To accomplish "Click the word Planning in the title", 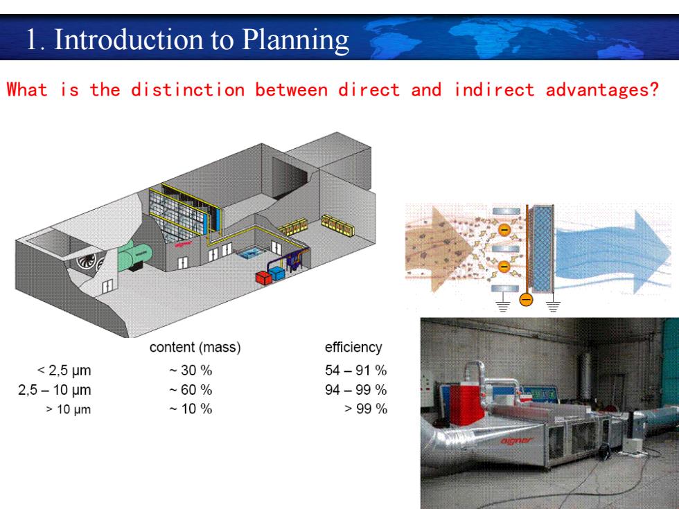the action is pos(295,41).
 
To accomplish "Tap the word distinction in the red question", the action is pos(188,90).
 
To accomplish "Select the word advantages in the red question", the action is pos(602,91).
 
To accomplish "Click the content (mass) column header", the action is pos(195,347).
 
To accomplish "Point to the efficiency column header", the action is pos(353,347).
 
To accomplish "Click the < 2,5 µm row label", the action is pos(64,371).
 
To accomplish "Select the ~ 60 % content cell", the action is pos(191,390).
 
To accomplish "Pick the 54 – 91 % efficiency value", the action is pos(355,370).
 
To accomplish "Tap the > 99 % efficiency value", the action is pos(366,409).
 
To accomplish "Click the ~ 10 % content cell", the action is pos(191,409).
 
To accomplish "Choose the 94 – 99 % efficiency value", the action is pos(355,390).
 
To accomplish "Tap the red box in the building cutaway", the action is pos(263,278).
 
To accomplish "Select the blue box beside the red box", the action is pos(276,273).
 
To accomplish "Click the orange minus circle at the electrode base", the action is pos(526,299).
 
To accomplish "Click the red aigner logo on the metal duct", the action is pos(517,441).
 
